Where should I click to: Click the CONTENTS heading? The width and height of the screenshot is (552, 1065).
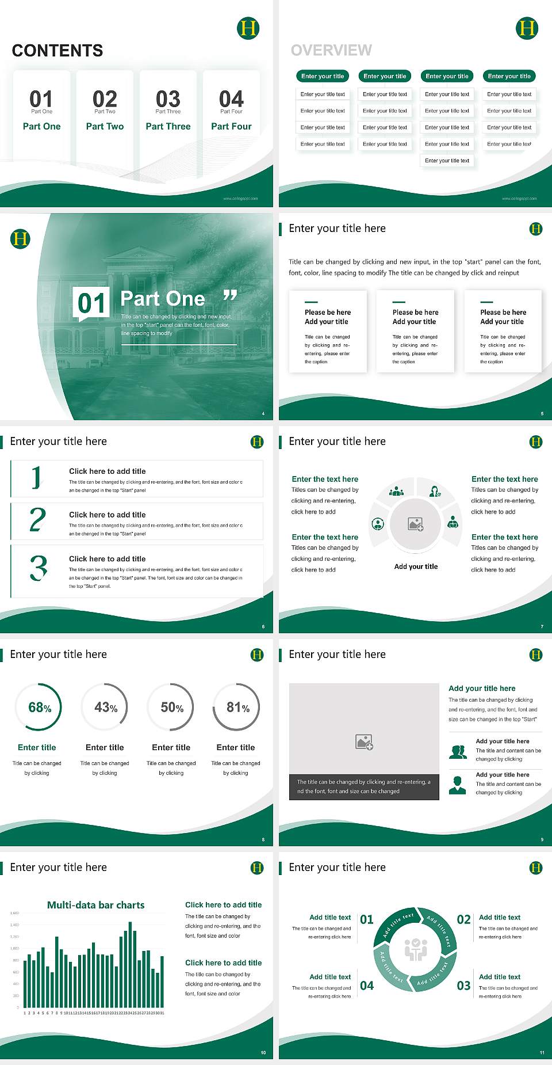tap(57, 51)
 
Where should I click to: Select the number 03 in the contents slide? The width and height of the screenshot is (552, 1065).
tap(168, 99)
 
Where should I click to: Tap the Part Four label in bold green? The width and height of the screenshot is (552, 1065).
tap(231, 126)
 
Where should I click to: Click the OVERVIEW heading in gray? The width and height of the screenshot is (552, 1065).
tap(331, 50)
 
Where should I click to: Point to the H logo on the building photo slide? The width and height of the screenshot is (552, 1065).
tap(20, 238)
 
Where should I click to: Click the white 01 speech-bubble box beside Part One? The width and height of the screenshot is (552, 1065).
tap(91, 303)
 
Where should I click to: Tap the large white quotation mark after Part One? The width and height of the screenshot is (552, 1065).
tap(230, 296)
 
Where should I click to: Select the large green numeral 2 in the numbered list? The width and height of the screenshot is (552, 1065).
tap(37, 520)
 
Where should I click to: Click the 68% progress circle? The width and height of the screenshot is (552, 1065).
tap(39, 707)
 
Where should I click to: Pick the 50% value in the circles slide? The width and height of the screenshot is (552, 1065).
tap(171, 708)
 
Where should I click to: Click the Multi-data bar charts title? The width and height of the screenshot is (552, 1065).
tap(96, 905)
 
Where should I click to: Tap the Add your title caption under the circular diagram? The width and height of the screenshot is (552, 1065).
tap(416, 566)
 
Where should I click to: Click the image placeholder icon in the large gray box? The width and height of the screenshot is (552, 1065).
tap(364, 742)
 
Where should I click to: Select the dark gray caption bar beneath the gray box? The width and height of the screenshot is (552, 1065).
tap(364, 787)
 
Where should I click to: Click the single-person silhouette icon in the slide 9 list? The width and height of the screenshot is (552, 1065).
tap(457, 785)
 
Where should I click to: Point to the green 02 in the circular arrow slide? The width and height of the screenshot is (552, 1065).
tap(463, 919)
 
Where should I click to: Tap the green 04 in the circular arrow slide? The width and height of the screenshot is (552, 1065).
tap(367, 986)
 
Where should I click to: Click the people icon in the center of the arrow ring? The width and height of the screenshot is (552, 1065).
tap(416, 949)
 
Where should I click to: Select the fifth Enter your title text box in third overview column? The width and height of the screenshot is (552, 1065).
tap(447, 161)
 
